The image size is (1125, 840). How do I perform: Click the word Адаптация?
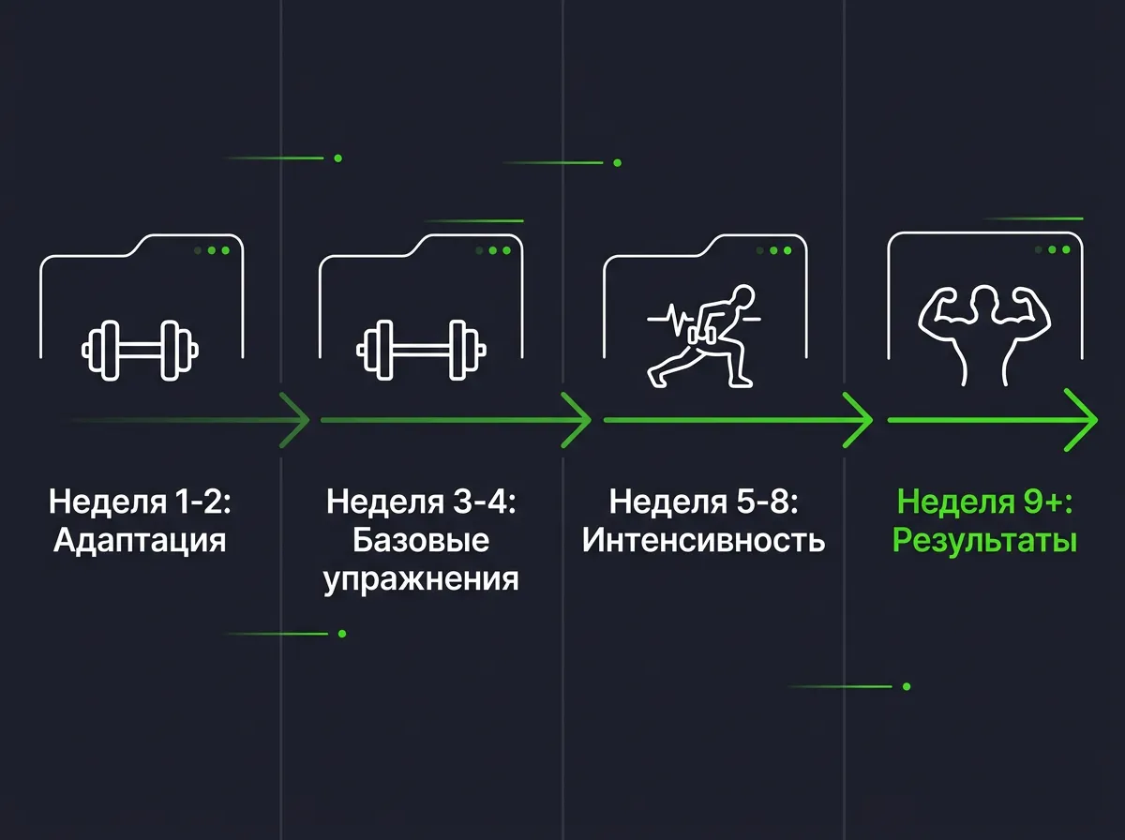coord(140,542)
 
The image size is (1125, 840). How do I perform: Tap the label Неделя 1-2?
coord(140,502)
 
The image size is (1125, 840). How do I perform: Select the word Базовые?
coord(421,541)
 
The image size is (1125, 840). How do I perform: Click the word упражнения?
coord(421,580)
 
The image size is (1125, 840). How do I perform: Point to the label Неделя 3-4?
coord(421,502)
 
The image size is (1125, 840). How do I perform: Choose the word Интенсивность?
coord(703,541)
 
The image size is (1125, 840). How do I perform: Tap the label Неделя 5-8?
coord(703,502)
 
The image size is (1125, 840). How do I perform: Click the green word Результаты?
coord(984,542)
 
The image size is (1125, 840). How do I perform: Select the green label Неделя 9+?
coord(984,502)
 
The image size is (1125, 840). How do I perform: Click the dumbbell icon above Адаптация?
coord(140,351)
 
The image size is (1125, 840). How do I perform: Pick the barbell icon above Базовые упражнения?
coord(421,351)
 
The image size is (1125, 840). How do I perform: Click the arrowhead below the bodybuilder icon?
coord(1082,420)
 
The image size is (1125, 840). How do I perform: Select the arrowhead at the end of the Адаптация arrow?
coord(295,420)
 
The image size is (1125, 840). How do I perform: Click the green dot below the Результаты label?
coord(907,686)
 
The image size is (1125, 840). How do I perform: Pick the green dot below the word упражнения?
coord(342,634)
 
